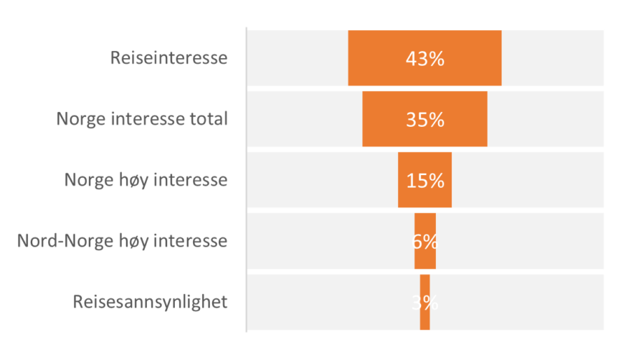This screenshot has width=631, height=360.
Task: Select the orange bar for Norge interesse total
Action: click(x=387, y=119)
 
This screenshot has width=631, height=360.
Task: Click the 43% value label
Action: click(x=424, y=59)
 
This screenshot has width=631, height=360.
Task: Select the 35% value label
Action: click(x=424, y=119)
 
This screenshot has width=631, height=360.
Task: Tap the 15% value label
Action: click(x=424, y=180)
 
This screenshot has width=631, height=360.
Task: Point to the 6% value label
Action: click(x=424, y=241)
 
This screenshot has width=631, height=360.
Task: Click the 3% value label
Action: click(x=424, y=302)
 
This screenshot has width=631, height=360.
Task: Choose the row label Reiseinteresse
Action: click(x=169, y=58)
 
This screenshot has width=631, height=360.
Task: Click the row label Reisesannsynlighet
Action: click(x=151, y=302)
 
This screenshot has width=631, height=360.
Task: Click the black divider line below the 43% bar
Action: click(x=424, y=88)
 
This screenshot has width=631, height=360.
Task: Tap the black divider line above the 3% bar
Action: click(x=424, y=272)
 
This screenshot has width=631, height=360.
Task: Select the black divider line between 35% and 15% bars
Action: click(x=424, y=149)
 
